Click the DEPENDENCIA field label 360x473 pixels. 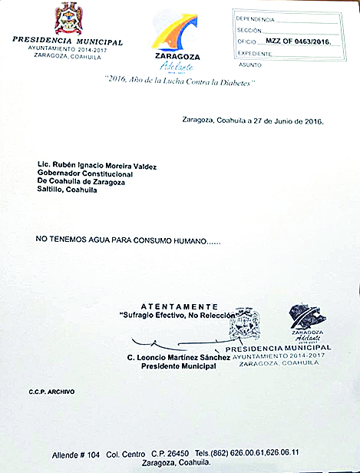(x=256, y=18)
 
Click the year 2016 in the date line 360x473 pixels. (x=313, y=121)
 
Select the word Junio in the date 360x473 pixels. (x=279, y=121)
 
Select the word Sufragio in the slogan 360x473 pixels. (x=136, y=316)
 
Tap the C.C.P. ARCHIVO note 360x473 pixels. (x=51, y=392)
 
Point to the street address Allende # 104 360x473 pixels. (x=78, y=452)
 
